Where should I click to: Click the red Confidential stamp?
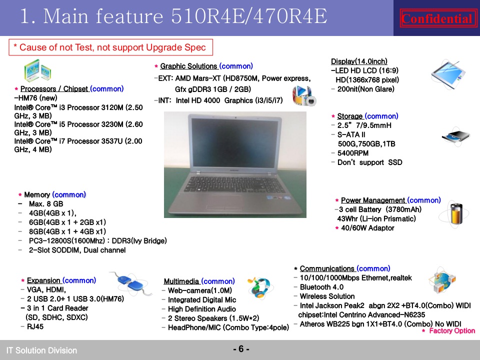click(438, 18)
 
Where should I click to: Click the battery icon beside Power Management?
click(454, 214)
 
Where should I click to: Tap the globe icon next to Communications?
click(442, 280)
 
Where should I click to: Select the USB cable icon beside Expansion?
click(130, 283)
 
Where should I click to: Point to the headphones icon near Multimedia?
click(260, 288)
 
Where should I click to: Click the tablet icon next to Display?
click(448, 75)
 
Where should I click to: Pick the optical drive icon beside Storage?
click(456, 136)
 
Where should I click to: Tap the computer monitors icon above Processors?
click(37, 70)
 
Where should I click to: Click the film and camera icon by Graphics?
click(304, 95)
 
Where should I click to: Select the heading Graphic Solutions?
click(188, 66)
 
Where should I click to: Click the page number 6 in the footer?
click(241, 349)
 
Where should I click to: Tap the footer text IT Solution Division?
click(41, 350)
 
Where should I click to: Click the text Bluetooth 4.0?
click(321, 287)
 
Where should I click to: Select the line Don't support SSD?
click(369, 162)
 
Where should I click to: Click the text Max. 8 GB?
click(46, 204)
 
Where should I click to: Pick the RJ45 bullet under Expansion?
click(35, 326)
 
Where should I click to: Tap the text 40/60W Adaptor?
click(367, 228)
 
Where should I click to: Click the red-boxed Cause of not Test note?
click(110, 47)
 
